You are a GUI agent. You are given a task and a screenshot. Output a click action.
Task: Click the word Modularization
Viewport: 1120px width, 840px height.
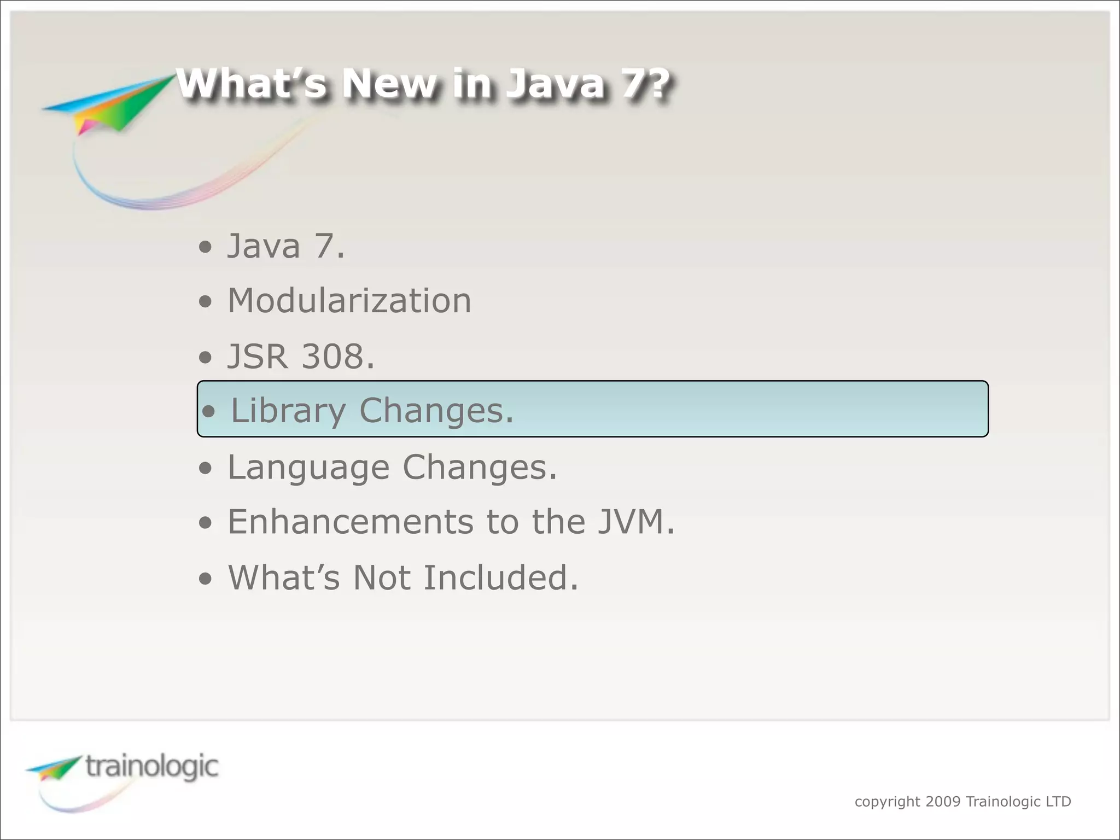tap(349, 301)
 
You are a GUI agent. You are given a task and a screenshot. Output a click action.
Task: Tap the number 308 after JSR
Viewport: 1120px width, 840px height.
tap(333, 357)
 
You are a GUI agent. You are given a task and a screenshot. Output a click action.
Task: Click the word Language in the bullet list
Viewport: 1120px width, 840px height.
tap(308, 468)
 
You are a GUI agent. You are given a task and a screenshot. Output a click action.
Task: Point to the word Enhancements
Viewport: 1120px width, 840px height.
tap(351, 522)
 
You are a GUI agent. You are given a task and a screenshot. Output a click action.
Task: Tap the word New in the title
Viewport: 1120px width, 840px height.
tap(390, 84)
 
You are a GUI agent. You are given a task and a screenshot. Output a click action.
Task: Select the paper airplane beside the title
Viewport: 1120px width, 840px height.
tap(109, 104)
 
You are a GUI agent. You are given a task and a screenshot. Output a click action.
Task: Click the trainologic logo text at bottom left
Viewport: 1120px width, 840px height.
tap(152, 767)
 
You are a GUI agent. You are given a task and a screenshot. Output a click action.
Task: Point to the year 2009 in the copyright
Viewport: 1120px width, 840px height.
tap(943, 802)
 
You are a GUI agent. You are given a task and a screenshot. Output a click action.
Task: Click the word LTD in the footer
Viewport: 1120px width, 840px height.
tap(1058, 802)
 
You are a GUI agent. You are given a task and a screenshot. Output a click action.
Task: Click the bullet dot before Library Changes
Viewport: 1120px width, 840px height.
tap(208, 412)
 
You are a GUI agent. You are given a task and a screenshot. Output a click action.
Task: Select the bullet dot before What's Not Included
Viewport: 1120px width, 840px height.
tap(205, 579)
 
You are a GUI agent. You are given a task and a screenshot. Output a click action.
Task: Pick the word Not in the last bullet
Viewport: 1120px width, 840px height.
tap(381, 578)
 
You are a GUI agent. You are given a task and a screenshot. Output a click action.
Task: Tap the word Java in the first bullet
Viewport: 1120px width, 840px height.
tap(264, 246)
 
